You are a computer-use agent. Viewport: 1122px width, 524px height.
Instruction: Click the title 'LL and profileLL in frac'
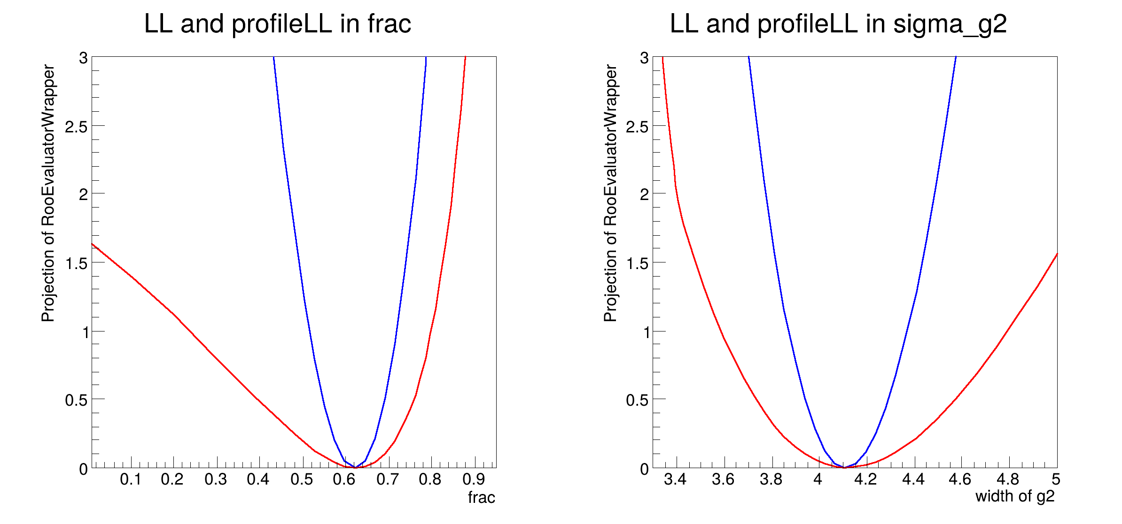tap(277, 23)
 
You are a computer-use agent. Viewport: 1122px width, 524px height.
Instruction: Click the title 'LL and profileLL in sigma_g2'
tap(838, 23)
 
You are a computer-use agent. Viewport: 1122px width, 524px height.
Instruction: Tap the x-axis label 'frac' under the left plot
tap(481, 497)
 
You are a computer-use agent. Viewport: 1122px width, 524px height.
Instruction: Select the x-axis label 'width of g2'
tap(1015, 496)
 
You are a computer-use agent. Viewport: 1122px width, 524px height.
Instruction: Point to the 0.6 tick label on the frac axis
tap(344, 479)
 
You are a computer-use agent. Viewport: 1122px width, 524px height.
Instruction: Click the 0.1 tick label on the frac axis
tap(130, 479)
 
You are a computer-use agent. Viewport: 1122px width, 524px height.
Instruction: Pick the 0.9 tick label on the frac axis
tap(474, 479)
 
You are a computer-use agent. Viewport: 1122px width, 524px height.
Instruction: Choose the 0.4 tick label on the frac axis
tap(258, 479)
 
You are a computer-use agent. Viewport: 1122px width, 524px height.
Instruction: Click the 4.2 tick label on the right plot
tap(865, 479)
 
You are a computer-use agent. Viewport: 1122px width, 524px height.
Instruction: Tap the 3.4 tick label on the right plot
tap(675, 479)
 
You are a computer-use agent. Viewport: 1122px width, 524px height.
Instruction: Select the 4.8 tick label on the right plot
tap(1008, 479)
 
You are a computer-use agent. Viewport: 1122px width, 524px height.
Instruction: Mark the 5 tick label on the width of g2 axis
tap(1056, 479)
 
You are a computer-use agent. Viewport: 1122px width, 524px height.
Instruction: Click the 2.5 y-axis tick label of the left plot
tap(76, 126)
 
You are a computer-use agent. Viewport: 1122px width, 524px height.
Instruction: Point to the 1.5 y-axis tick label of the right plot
tap(637, 263)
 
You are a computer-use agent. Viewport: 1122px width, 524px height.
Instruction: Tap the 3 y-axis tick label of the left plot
tap(83, 58)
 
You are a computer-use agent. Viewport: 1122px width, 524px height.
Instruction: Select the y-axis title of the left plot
tap(48, 193)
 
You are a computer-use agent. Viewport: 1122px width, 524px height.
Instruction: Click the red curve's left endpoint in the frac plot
tap(92, 244)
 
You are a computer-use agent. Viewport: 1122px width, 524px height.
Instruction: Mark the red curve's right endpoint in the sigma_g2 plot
tap(1057, 254)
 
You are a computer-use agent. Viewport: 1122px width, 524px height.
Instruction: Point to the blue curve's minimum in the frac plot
tap(356, 468)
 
